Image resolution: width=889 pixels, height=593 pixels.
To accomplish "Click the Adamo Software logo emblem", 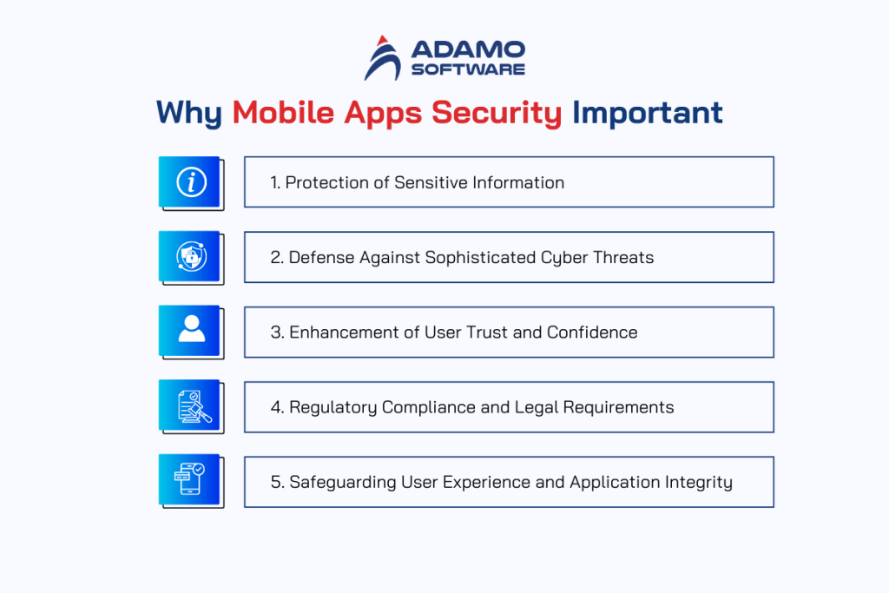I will [x=383, y=58].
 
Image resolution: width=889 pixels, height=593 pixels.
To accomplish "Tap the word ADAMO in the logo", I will [x=468, y=49].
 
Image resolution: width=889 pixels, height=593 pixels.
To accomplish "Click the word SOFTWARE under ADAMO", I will [x=468, y=69].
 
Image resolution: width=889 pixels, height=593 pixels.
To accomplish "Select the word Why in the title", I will [x=189, y=113].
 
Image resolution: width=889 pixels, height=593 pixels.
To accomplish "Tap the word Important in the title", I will [x=648, y=113].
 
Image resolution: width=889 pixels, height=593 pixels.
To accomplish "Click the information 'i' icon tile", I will [x=189, y=181].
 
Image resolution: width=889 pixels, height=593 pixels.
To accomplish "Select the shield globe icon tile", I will [x=189, y=256].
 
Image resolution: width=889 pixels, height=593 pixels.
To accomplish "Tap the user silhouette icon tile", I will [x=189, y=331].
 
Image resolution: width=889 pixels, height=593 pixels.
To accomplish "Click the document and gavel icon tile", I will [x=189, y=405].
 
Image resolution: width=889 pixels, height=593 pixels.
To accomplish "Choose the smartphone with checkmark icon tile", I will [x=189, y=480].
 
